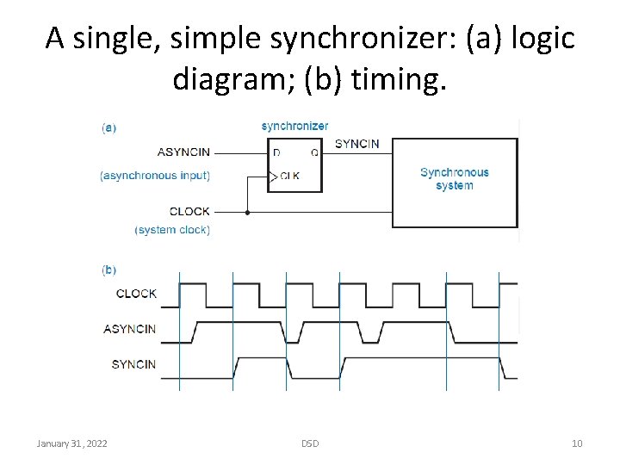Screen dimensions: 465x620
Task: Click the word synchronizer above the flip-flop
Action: pos(294,127)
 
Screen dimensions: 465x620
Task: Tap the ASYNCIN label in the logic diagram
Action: pos(183,152)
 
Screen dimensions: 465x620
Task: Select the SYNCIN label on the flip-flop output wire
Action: pos(356,144)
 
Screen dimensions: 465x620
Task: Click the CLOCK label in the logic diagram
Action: pos(189,211)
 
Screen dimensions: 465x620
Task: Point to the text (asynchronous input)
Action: pos(155,176)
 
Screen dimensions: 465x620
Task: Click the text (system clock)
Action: pos(172,230)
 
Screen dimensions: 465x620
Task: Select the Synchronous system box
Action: pos(455,179)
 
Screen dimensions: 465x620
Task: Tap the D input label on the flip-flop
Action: pos(276,153)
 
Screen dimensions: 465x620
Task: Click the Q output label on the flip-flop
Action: pos(313,153)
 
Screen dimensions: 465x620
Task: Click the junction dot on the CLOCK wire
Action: pos(247,211)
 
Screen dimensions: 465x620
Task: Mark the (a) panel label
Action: pos(109,127)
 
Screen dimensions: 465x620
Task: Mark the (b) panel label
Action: pos(109,270)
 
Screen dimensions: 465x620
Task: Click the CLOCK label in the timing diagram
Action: pos(136,294)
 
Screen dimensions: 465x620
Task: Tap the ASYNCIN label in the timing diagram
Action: pos(129,329)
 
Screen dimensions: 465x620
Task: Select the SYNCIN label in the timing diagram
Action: pos(133,364)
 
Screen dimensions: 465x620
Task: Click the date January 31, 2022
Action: pos(72,443)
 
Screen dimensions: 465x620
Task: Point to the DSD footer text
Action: pos(310,443)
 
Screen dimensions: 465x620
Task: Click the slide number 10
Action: pos(577,443)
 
